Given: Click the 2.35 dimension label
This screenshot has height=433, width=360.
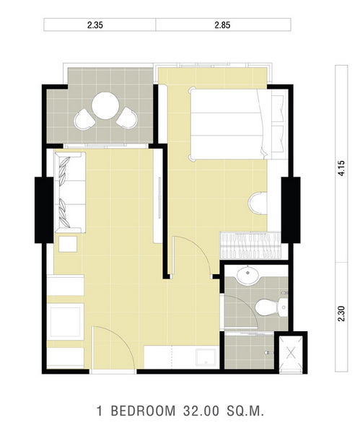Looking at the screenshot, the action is tap(95, 25).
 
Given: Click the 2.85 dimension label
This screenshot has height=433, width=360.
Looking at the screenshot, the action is tap(222, 25).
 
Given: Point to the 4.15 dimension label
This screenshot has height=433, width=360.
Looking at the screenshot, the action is tap(341, 168).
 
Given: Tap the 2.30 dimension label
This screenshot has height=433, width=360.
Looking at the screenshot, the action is tap(341, 313).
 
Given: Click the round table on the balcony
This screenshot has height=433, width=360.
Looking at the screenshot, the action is tap(105, 106).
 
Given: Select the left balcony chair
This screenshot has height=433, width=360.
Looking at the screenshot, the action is tap(84, 119).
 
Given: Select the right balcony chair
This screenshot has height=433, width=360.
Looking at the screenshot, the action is tap(127, 118).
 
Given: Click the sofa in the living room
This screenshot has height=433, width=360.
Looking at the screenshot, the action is tap(70, 193).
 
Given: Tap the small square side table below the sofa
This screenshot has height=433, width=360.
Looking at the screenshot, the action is tap(68, 244).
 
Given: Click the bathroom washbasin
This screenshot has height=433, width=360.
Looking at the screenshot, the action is tap(247, 275).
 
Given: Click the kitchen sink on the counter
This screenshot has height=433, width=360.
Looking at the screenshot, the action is tap(206, 357).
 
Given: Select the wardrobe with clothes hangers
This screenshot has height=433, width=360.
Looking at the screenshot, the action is tap(250, 245).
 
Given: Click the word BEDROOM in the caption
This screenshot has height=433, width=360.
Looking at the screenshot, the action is tap(143, 411).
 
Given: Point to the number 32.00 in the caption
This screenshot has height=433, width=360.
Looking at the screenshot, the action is tap(201, 411).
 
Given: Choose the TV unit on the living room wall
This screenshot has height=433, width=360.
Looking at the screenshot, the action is tap(158, 196).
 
